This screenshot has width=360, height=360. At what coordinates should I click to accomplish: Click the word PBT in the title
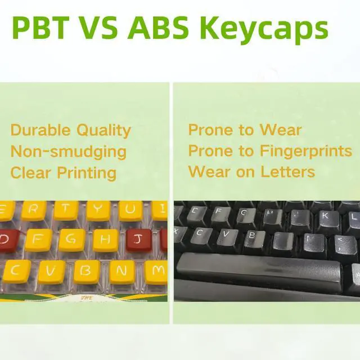click(40, 29)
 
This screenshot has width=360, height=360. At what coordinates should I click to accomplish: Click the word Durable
click(40, 130)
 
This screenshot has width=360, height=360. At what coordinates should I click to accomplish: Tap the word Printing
click(87, 173)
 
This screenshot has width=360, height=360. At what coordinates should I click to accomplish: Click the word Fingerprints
click(306, 151)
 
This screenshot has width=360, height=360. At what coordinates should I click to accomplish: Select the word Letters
click(287, 172)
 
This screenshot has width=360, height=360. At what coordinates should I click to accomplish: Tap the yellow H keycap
click(105, 240)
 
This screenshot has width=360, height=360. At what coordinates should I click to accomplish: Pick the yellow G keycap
click(71, 240)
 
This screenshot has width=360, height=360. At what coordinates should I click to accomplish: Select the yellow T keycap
click(66, 210)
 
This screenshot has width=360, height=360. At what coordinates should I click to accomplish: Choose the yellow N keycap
click(121, 271)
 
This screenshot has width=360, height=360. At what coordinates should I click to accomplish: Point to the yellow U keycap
click(130, 210)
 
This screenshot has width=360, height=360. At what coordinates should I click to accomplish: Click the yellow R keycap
click(34, 210)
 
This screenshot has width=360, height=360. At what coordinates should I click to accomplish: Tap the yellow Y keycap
click(98, 210)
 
